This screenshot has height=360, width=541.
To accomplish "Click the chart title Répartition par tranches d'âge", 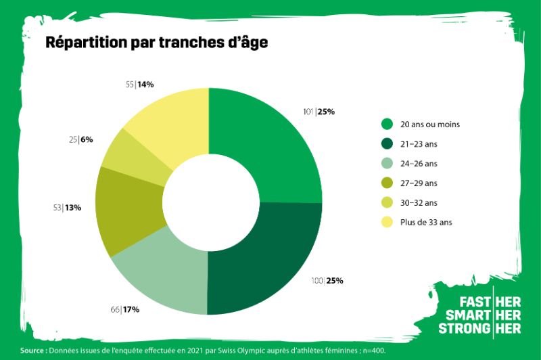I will coord(156,43).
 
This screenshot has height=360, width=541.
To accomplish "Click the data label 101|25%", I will coord(320,112).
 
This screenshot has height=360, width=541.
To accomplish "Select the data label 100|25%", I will coord(327,280).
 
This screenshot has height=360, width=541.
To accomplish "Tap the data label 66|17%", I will coord(124,309).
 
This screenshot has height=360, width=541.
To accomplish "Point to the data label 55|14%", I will coord(140,85).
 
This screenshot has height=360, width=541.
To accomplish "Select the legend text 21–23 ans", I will coord(421,143).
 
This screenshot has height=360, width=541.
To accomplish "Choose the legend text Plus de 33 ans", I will coord(429,222).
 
